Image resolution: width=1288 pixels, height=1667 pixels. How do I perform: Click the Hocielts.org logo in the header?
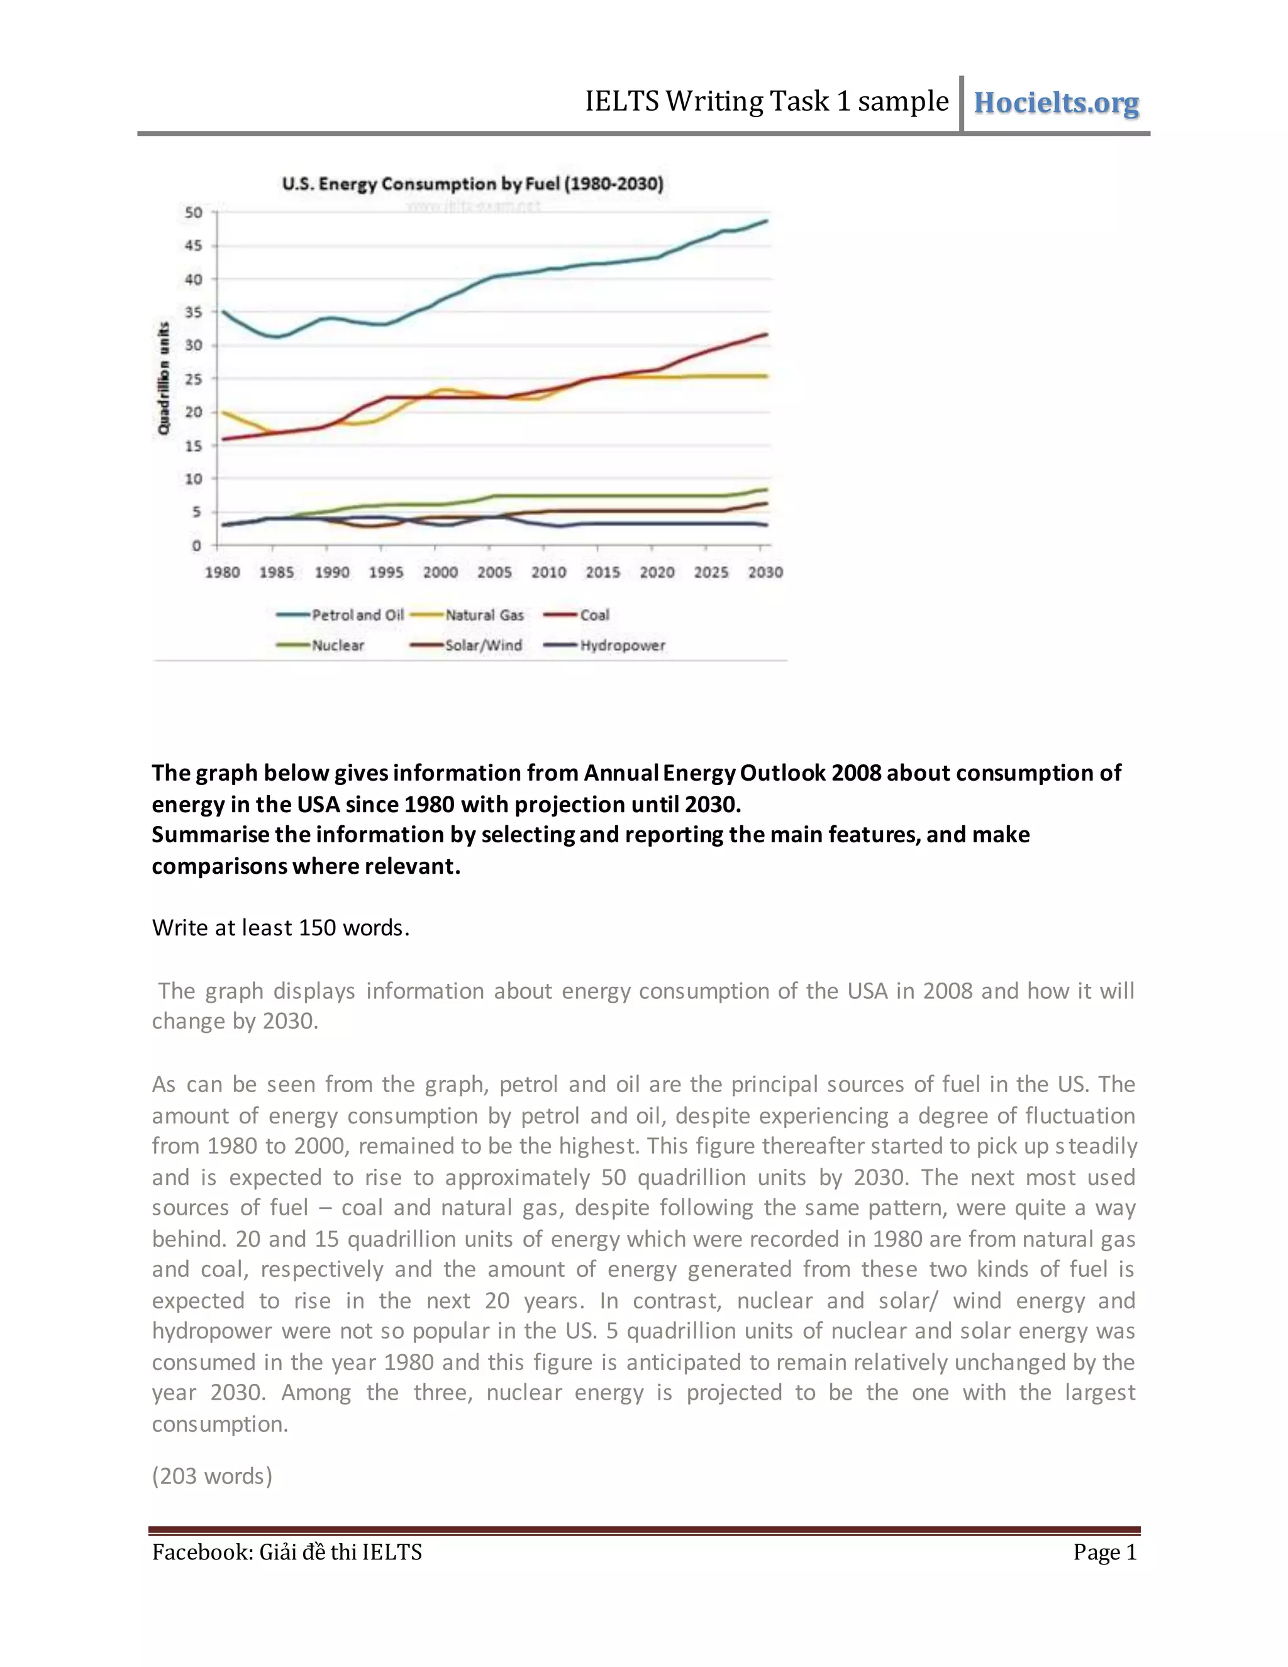click(1056, 103)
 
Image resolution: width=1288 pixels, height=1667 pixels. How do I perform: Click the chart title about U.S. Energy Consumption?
click(472, 184)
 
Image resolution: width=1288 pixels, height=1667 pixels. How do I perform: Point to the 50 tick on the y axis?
click(194, 213)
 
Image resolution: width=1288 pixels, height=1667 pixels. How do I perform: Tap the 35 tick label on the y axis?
click(194, 312)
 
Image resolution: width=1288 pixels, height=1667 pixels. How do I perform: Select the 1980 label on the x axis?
click(222, 572)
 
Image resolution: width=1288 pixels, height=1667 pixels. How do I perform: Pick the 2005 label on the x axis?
click(494, 572)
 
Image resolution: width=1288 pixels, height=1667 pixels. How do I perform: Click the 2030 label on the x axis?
click(765, 572)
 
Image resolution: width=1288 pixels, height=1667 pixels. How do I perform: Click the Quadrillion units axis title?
click(164, 379)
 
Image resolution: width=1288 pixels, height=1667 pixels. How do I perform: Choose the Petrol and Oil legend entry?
click(340, 615)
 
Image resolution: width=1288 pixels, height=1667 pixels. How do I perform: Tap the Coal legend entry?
click(577, 615)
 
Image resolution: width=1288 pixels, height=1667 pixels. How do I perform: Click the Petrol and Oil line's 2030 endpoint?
click(766, 221)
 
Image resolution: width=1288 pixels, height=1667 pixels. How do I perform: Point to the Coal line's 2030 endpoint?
click(766, 334)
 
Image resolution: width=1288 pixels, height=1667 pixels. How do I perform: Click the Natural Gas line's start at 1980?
click(223, 412)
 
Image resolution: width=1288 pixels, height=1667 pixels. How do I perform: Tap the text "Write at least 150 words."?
click(280, 927)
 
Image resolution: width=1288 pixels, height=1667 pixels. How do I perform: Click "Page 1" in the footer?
click(1105, 1552)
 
